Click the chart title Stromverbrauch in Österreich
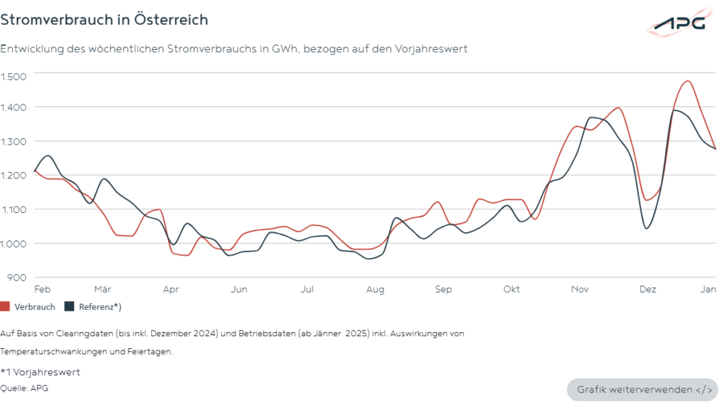pyautogui.click(x=104, y=20)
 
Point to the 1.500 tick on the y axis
pyautogui.click(x=13, y=76)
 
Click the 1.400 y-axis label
pyautogui.click(x=13, y=107)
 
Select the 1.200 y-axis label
pyautogui.click(x=13, y=176)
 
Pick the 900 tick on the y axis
pyautogui.click(x=16, y=277)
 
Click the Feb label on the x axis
pyautogui.click(x=42, y=290)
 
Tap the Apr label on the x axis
pyautogui.click(x=171, y=290)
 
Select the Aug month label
pyautogui.click(x=375, y=290)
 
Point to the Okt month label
pyautogui.click(x=512, y=290)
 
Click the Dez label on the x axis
pyautogui.click(x=647, y=290)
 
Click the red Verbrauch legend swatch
pyautogui.click(x=6, y=307)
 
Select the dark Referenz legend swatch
pyautogui.click(x=69, y=307)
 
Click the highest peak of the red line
pyautogui.click(x=687, y=81)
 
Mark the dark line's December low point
pyautogui.click(x=646, y=228)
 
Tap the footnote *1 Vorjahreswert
pyautogui.click(x=40, y=371)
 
